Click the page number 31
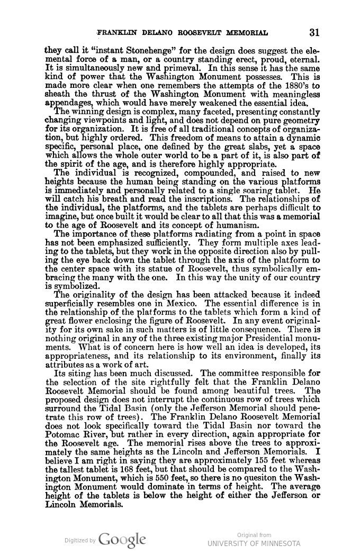click(314, 32)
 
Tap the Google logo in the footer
click(122, 539)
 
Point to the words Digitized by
click(79, 540)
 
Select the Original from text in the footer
click(254, 535)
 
